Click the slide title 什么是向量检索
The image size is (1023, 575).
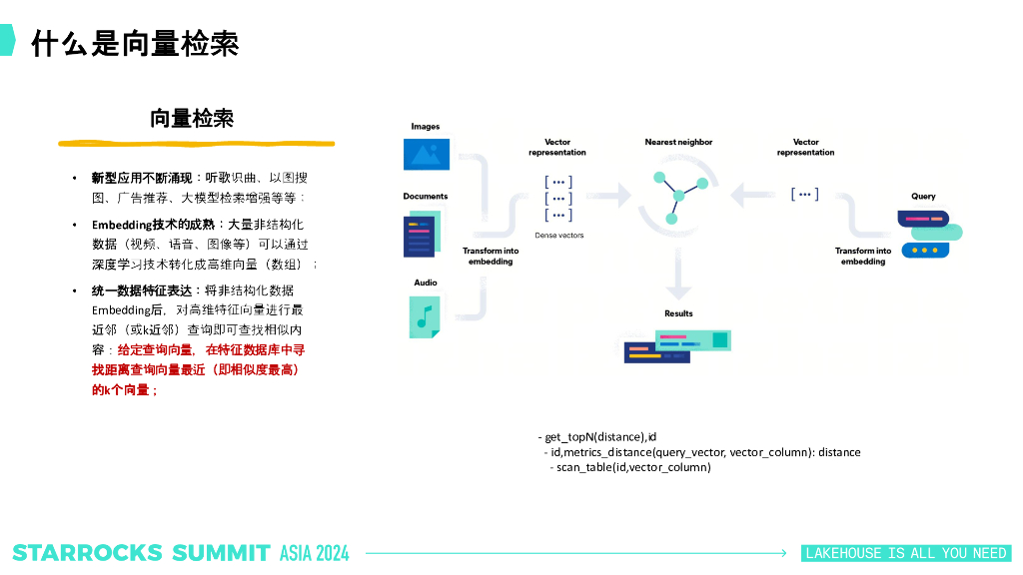[x=135, y=43]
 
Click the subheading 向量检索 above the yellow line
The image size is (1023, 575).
[x=192, y=118]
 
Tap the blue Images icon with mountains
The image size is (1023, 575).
[x=427, y=154]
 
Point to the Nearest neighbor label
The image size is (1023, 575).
[x=678, y=143]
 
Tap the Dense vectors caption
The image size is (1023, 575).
[x=558, y=236]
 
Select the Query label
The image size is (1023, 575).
[x=923, y=197]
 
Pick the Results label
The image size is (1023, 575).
[x=678, y=313]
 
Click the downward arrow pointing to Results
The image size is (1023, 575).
[x=678, y=275]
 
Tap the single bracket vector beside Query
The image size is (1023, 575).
[x=804, y=195]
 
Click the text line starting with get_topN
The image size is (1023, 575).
[x=600, y=437]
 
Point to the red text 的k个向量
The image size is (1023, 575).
[x=124, y=389]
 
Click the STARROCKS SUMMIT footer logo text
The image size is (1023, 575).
[x=141, y=553]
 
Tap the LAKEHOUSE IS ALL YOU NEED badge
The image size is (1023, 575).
[x=906, y=553]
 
